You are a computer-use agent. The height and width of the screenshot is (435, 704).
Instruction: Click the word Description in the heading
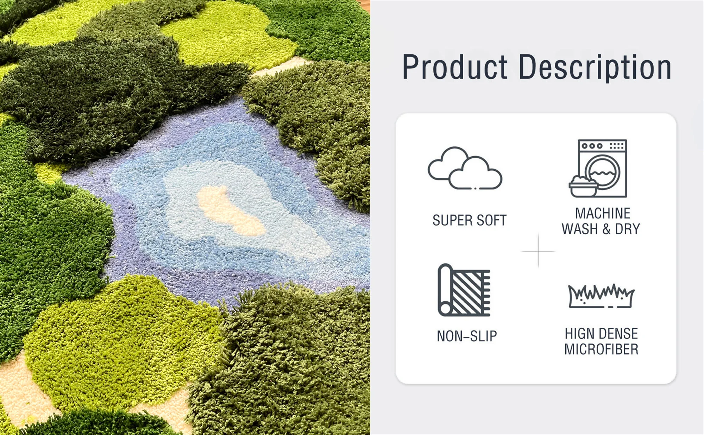point(595,68)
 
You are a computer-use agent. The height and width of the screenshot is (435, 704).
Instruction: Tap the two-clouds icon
point(465,168)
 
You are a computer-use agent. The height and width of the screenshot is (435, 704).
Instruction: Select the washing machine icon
point(598,168)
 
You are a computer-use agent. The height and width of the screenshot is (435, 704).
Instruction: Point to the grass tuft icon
point(601,296)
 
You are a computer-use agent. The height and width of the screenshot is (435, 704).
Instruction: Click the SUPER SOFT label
point(469,220)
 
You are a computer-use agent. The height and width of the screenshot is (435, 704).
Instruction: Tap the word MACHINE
point(603,213)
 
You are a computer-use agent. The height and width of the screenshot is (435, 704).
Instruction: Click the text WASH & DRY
point(601,229)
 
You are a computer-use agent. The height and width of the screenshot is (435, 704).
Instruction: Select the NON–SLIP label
point(467,336)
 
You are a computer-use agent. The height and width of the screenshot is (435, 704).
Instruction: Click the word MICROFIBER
point(601,349)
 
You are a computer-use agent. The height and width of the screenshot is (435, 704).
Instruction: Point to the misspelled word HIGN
point(580,334)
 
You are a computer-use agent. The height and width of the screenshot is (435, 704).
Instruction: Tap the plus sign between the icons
point(538,251)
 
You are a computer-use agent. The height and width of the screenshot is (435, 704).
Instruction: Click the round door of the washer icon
point(602,173)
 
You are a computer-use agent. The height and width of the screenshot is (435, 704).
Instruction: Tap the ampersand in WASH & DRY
point(606,229)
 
